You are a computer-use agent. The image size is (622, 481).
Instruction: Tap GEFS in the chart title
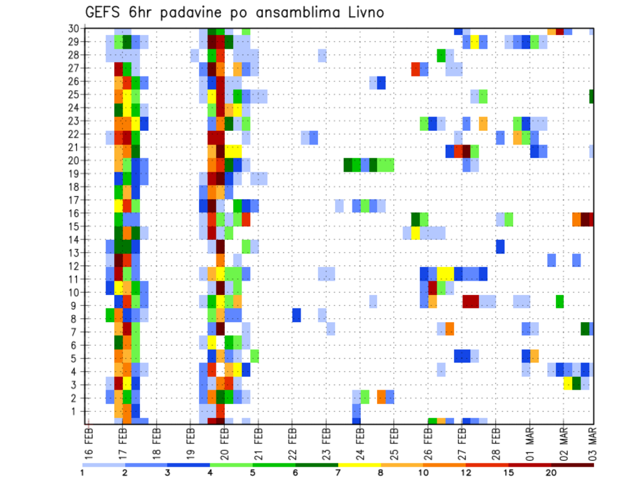point(105,12)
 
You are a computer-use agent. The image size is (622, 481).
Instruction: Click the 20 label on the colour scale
point(551,472)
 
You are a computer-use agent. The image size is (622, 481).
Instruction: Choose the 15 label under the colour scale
point(509,472)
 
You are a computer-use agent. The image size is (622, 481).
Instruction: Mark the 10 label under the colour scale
point(424,472)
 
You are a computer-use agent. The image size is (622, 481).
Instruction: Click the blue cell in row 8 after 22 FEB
point(296,315)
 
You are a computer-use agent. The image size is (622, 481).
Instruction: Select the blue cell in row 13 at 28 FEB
point(500,246)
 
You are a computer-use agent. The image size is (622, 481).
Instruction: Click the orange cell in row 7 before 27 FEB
point(449,329)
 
